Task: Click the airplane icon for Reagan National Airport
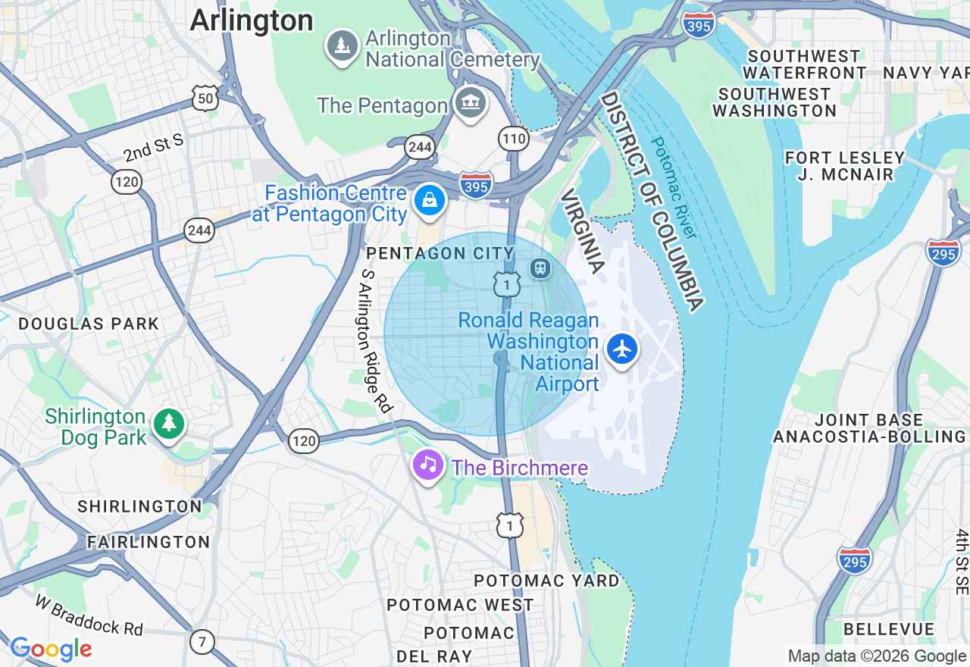click(x=622, y=349)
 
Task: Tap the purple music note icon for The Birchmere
click(x=428, y=464)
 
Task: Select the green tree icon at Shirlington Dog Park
click(x=168, y=424)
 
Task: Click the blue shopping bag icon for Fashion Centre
click(x=430, y=200)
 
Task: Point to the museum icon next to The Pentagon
click(x=470, y=103)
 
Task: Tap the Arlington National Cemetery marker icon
click(x=343, y=45)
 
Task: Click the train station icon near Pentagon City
click(x=540, y=268)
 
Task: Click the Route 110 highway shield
click(x=513, y=138)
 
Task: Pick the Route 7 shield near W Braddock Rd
click(x=202, y=642)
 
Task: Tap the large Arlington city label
click(x=251, y=20)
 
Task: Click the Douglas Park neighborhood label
click(x=89, y=324)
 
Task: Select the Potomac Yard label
click(x=546, y=581)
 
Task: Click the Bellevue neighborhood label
click(x=889, y=629)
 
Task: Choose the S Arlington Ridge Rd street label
click(x=376, y=341)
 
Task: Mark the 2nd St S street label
click(x=154, y=147)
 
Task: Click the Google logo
click(x=51, y=649)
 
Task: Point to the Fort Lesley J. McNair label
click(x=845, y=166)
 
